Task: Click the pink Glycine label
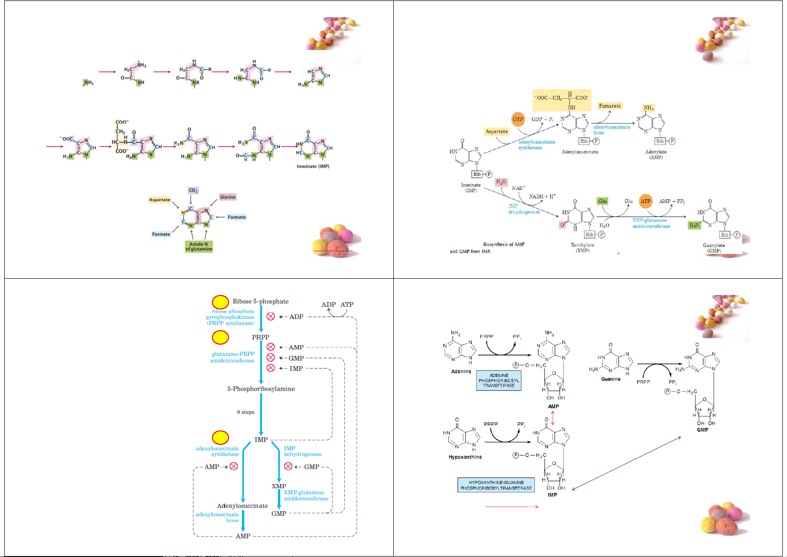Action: coord(228,197)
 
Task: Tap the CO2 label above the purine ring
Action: coord(193,190)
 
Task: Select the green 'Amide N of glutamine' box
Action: coord(199,246)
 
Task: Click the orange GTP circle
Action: coord(518,119)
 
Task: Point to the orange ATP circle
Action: coord(645,201)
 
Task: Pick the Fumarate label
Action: coord(610,106)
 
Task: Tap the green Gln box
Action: coord(603,201)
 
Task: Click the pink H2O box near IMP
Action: coord(501,181)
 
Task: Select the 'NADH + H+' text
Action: coord(542,196)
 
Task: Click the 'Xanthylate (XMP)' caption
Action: coord(582,247)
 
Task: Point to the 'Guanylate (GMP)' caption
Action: coord(714,248)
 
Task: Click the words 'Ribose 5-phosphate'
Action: coord(261,302)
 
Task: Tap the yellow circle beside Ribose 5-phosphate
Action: coord(220,302)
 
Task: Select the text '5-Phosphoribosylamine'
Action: coord(261,389)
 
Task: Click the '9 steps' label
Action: coord(246,412)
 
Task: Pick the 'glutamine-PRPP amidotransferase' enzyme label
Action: coord(233,357)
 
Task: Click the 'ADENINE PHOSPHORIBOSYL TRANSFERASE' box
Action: coord(499,380)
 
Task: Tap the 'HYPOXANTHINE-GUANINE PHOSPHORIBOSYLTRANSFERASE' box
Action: coord(496,485)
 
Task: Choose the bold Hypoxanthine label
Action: coord(465,457)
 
